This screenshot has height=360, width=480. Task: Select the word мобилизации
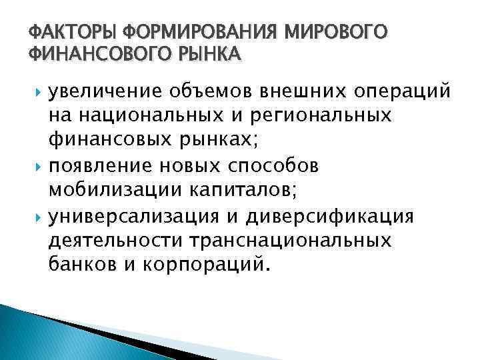point(117,189)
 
